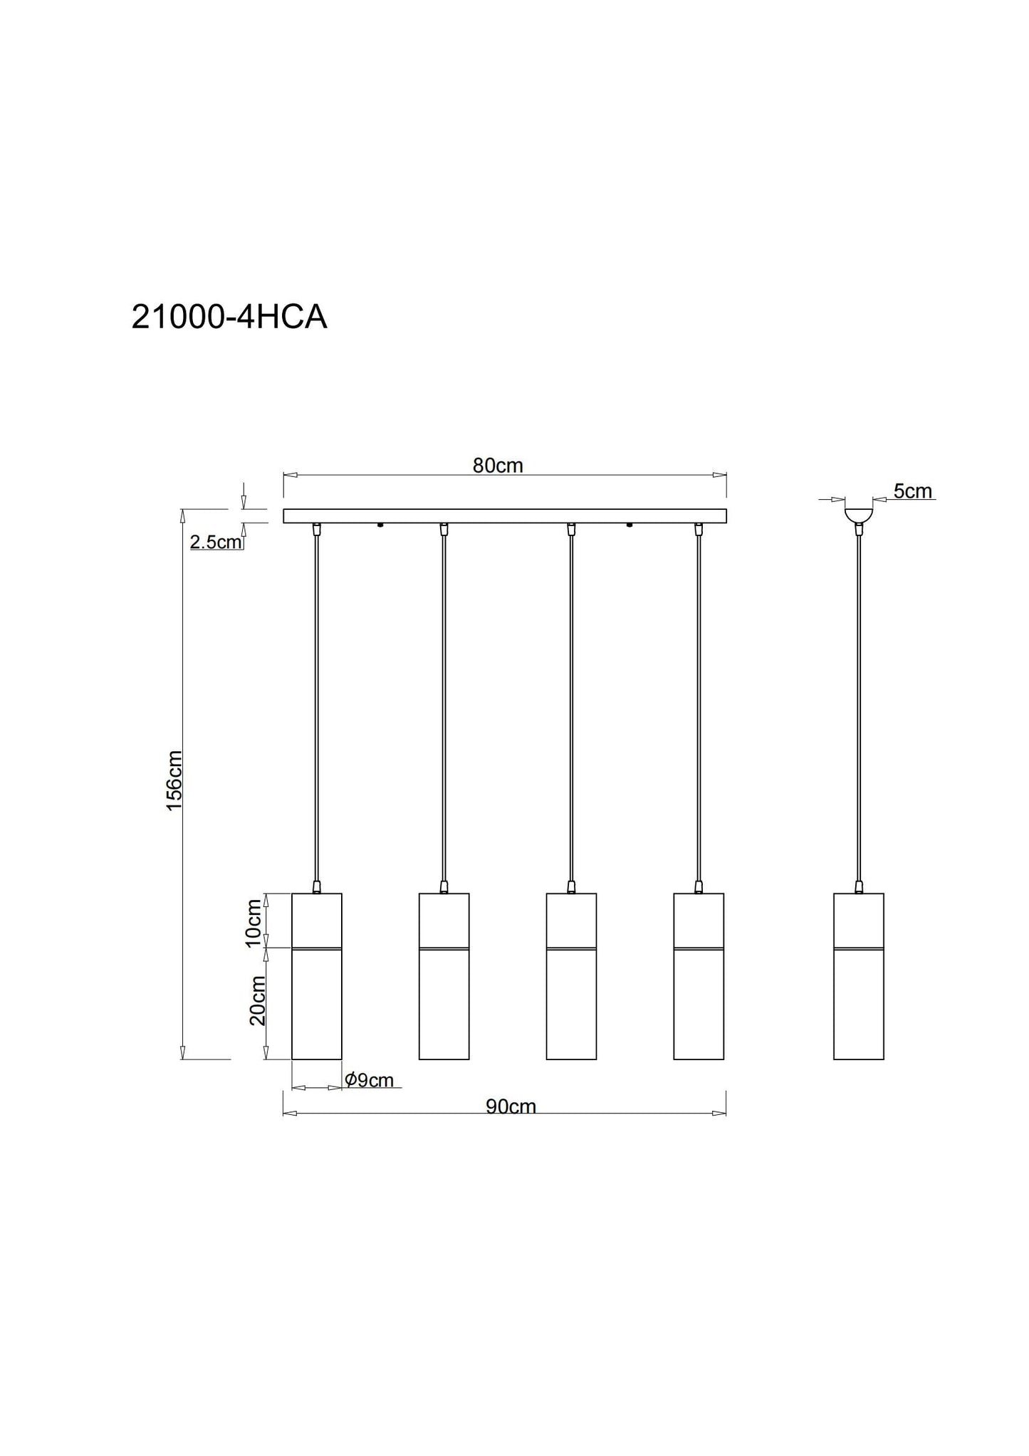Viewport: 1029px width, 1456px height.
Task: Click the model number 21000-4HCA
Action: tap(229, 318)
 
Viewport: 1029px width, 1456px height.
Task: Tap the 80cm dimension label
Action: tap(498, 466)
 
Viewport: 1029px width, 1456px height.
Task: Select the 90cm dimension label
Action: tap(511, 1106)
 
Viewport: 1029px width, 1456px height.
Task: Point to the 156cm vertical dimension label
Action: tap(174, 780)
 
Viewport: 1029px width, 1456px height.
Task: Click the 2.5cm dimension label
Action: tap(216, 543)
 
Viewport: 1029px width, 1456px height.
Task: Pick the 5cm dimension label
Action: tap(913, 491)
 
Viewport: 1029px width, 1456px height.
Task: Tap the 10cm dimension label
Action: tap(254, 923)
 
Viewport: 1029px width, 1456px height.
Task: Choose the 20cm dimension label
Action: tap(257, 1000)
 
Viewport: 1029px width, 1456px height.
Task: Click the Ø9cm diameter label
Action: tap(369, 1080)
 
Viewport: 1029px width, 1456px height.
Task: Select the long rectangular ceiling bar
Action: tap(505, 516)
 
